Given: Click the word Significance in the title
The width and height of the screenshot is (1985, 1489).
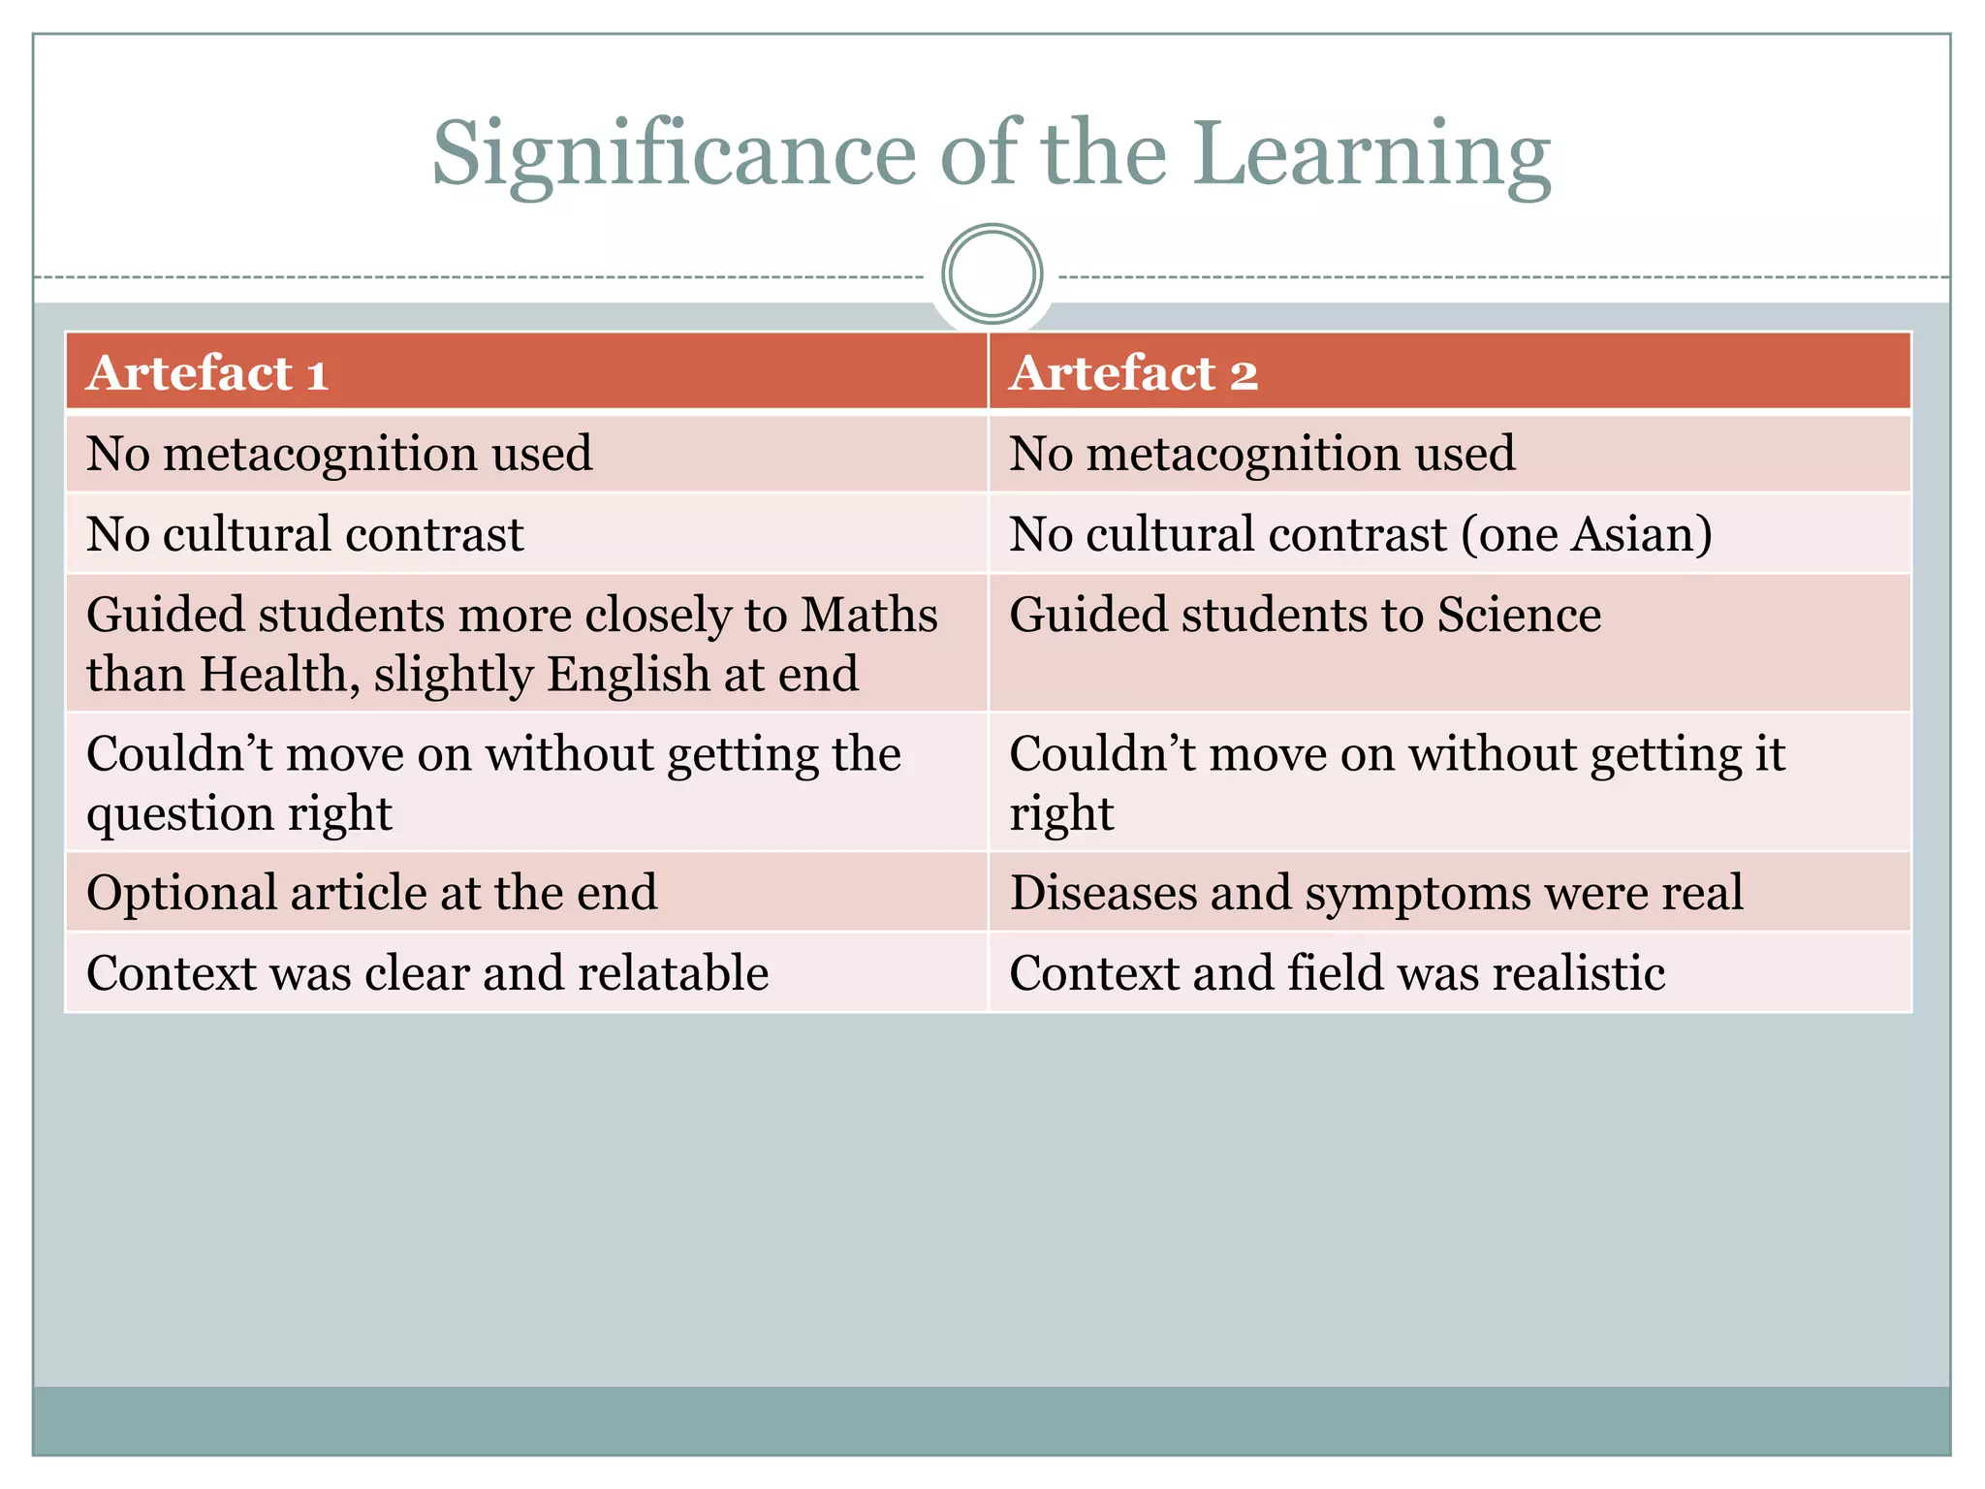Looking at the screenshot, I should click(x=674, y=155).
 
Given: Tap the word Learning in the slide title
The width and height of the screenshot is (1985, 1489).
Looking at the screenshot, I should click(x=1371, y=155).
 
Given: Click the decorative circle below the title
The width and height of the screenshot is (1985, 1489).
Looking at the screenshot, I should click(x=992, y=274).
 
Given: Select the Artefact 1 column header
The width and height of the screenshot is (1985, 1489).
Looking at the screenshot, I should click(x=207, y=373).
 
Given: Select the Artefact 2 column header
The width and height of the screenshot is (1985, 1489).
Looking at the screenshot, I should click(x=1133, y=373).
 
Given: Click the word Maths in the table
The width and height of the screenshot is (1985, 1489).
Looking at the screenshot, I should click(x=869, y=615).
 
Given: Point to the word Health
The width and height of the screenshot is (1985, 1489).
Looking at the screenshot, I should click(x=273, y=674).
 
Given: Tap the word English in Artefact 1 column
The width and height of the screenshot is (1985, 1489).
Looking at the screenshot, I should click(x=628, y=674).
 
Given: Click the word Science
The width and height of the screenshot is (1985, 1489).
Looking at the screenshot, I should click(x=1519, y=615).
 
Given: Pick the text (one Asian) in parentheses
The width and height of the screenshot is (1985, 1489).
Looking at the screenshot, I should click(x=1587, y=534).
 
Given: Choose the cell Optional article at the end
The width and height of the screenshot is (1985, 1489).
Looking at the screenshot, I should click(x=372, y=892).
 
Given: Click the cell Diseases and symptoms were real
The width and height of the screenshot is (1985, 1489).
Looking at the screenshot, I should click(x=1376, y=892).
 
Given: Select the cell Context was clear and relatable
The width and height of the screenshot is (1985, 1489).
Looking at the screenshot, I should click(x=427, y=972).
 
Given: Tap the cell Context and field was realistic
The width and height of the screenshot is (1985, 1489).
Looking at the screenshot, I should click(x=1338, y=972).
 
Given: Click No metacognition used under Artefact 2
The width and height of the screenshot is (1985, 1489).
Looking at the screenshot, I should click(x=1262, y=454).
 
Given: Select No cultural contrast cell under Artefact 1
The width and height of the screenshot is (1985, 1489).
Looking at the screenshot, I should click(x=305, y=534).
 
